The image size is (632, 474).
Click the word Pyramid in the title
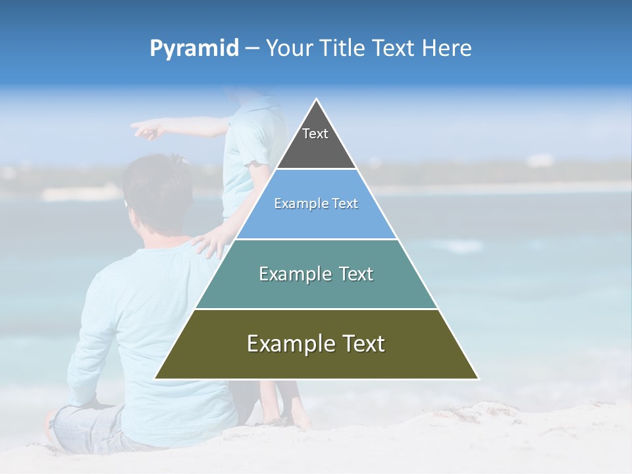194,49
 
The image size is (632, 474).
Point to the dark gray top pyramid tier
316,148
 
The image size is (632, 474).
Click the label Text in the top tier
315,134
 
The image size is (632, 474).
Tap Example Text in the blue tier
316,203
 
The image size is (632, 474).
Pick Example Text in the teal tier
316,274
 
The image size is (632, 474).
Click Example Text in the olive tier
316,344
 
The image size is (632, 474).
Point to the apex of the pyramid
317,99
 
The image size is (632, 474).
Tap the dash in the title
252,49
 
